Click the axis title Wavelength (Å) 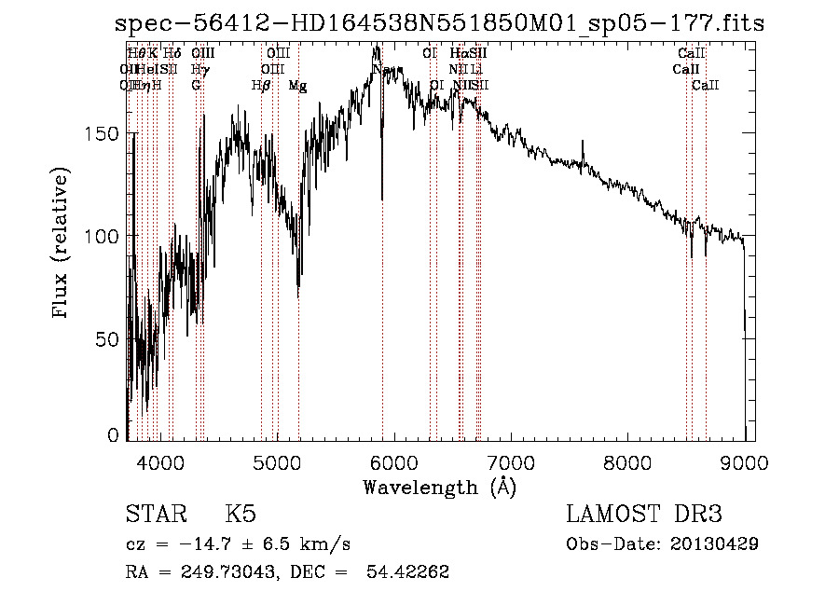(x=438, y=487)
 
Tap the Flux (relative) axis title (x=62, y=244)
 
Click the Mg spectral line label (x=297, y=86)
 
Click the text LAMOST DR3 (x=643, y=515)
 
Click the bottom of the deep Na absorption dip (x=381, y=199)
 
